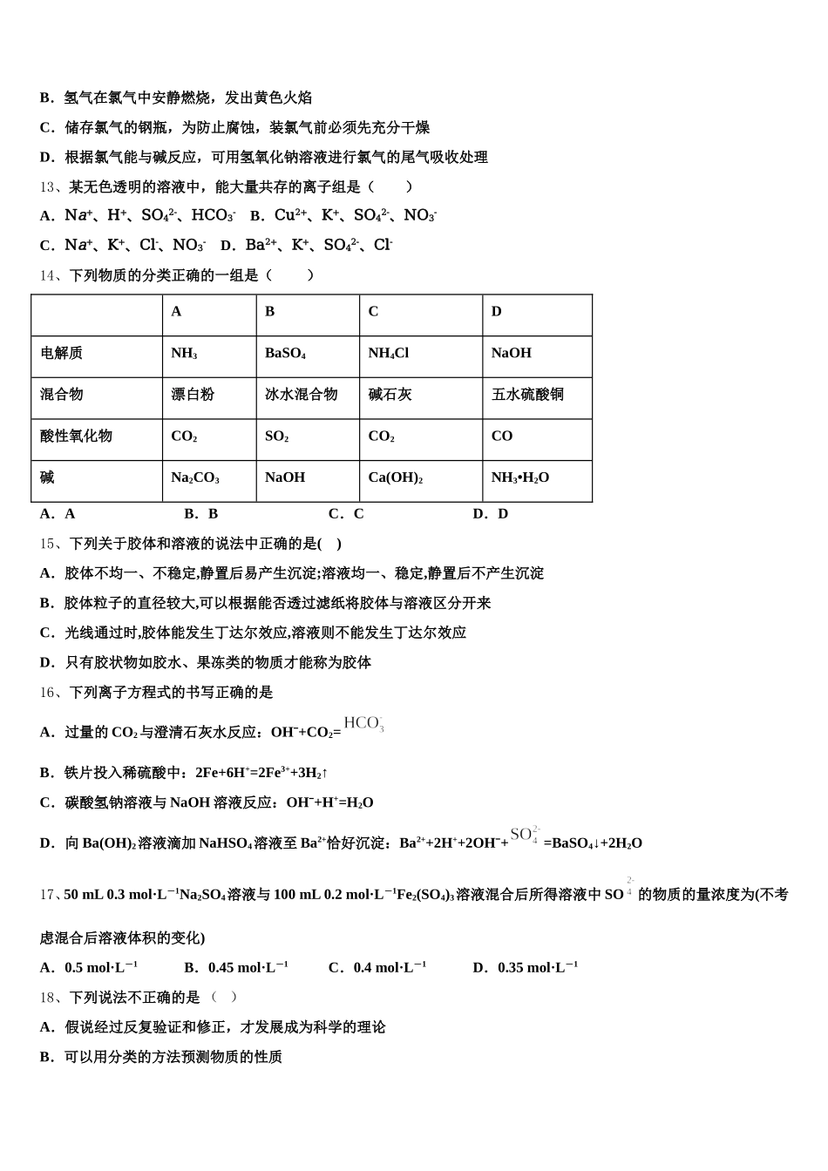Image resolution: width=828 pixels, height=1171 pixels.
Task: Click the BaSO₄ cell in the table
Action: click(285, 354)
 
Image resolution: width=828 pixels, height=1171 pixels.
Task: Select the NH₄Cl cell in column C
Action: click(388, 354)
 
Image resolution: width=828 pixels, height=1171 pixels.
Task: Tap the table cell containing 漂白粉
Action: click(193, 395)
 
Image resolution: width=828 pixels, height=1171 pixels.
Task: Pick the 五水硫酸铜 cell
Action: click(527, 395)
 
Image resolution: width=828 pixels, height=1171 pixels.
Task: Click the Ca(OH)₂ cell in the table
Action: click(395, 478)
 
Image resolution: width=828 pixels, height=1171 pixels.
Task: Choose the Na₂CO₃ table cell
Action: click(195, 478)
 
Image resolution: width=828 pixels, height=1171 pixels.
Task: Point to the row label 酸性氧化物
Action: click(76, 437)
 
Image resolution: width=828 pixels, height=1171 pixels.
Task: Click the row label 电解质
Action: click(61, 354)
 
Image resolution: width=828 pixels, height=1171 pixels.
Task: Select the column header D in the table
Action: click(497, 312)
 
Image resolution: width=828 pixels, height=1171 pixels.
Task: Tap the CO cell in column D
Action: click(502, 437)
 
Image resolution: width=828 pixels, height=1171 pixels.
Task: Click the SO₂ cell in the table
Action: click(276, 437)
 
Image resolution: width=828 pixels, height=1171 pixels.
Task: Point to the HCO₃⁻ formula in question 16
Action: click(363, 723)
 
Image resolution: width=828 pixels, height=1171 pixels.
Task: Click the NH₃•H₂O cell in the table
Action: click(520, 478)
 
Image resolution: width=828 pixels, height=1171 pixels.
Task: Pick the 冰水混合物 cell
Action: click(301, 395)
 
